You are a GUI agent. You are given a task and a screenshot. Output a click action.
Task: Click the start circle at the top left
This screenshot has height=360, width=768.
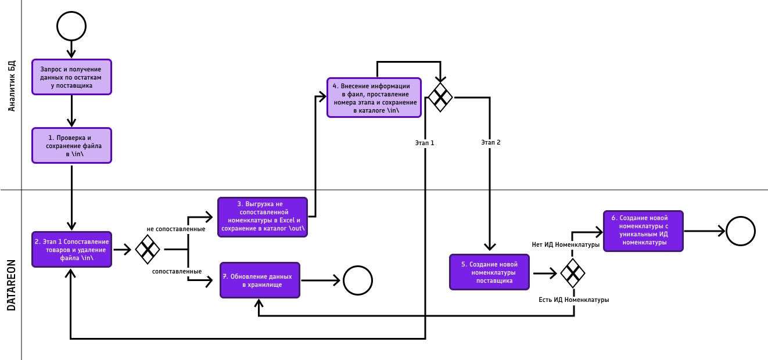[71, 26]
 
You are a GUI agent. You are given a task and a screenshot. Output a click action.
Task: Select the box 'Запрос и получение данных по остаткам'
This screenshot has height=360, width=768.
[71, 77]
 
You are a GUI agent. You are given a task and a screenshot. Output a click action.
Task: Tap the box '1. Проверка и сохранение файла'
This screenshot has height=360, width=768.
[71, 146]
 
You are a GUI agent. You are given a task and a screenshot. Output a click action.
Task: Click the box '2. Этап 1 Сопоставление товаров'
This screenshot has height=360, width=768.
[71, 249]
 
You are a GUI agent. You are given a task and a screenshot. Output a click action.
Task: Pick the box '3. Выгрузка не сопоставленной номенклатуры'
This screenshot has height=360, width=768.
[263, 217]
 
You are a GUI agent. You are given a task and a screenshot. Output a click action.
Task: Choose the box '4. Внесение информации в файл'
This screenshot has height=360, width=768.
[374, 98]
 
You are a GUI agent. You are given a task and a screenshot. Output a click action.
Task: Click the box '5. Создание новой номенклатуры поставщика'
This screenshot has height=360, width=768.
[490, 272]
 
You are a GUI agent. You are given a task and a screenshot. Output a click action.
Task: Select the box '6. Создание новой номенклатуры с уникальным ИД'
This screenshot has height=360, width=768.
[643, 231]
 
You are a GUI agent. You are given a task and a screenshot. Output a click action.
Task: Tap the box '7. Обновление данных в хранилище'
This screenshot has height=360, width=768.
[260, 280]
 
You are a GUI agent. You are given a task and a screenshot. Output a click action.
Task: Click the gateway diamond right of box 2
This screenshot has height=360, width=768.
[148, 250]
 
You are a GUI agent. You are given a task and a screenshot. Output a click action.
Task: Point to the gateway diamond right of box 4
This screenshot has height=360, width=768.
[440, 97]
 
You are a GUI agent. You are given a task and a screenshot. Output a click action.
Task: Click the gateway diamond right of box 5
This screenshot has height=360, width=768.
[573, 273]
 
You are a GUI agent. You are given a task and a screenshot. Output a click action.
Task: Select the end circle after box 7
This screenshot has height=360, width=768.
[358, 280]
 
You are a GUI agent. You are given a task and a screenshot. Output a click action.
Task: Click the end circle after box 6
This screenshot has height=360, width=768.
[741, 231]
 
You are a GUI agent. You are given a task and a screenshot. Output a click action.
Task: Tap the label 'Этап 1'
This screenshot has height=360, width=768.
[425, 142]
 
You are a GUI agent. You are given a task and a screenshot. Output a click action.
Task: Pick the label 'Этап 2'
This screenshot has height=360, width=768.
[491, 142]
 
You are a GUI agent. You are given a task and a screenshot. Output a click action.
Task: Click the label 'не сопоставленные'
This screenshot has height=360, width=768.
[176, 229]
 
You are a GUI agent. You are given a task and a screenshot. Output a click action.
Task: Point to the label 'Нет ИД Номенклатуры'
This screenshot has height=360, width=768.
[566, 244]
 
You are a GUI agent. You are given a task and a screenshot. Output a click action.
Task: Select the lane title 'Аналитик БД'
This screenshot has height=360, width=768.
[12, 86]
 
